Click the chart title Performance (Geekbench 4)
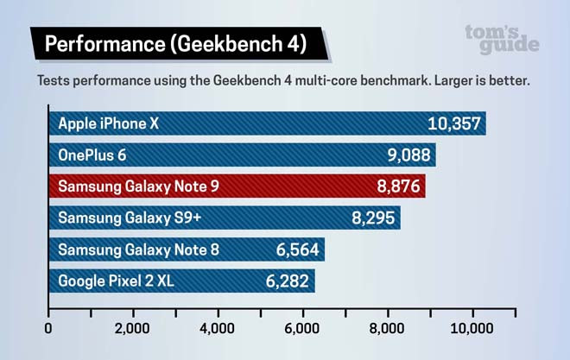click(173, 42)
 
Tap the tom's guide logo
click(502, 39)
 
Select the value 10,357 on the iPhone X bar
click(453, 123)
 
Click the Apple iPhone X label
click(109, 123)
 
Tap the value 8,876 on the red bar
click(396, 186)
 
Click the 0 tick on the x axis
click(48, 328)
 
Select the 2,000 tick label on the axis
click(133, 328)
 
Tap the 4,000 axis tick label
click(218, 328)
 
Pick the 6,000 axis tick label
click(302, 328)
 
